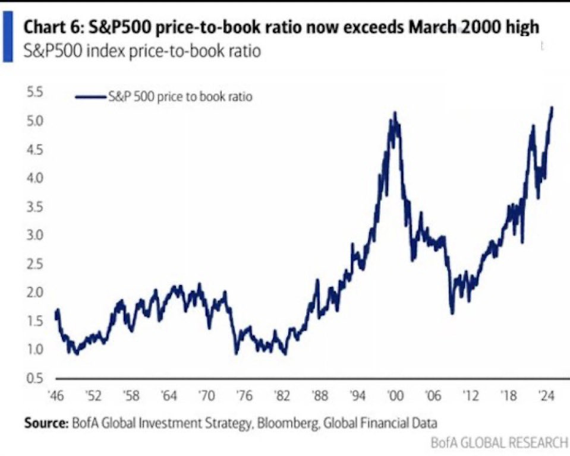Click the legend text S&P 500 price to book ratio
pyautogui.click(x=180, y=97)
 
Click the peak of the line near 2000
pyautogui.click(x=395, y=112)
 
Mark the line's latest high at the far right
pyautogui.click(x=552, y=107)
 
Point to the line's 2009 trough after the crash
pyautogui.click(x=452, y=313)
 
